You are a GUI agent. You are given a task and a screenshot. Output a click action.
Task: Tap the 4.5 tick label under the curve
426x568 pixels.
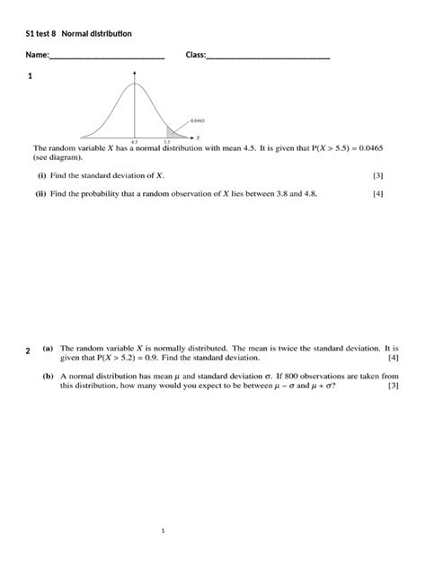(134, 142)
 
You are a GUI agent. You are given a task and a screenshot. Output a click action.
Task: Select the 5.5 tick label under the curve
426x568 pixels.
(167, 142)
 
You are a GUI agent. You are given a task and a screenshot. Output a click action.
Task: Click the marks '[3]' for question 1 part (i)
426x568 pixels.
(377, 176)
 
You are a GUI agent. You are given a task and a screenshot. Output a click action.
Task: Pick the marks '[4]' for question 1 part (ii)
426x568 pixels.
(377, 193)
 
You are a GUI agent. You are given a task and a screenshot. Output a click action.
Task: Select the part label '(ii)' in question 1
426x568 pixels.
(41, 193)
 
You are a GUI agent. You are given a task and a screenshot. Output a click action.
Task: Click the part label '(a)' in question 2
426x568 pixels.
(48, 346)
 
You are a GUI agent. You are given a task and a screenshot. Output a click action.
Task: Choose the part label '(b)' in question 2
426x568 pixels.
(48, 376)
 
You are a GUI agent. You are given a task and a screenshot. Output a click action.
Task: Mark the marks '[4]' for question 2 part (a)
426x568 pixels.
(393, 357)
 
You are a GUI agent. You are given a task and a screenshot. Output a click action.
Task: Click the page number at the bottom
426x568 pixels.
(163, 531)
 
